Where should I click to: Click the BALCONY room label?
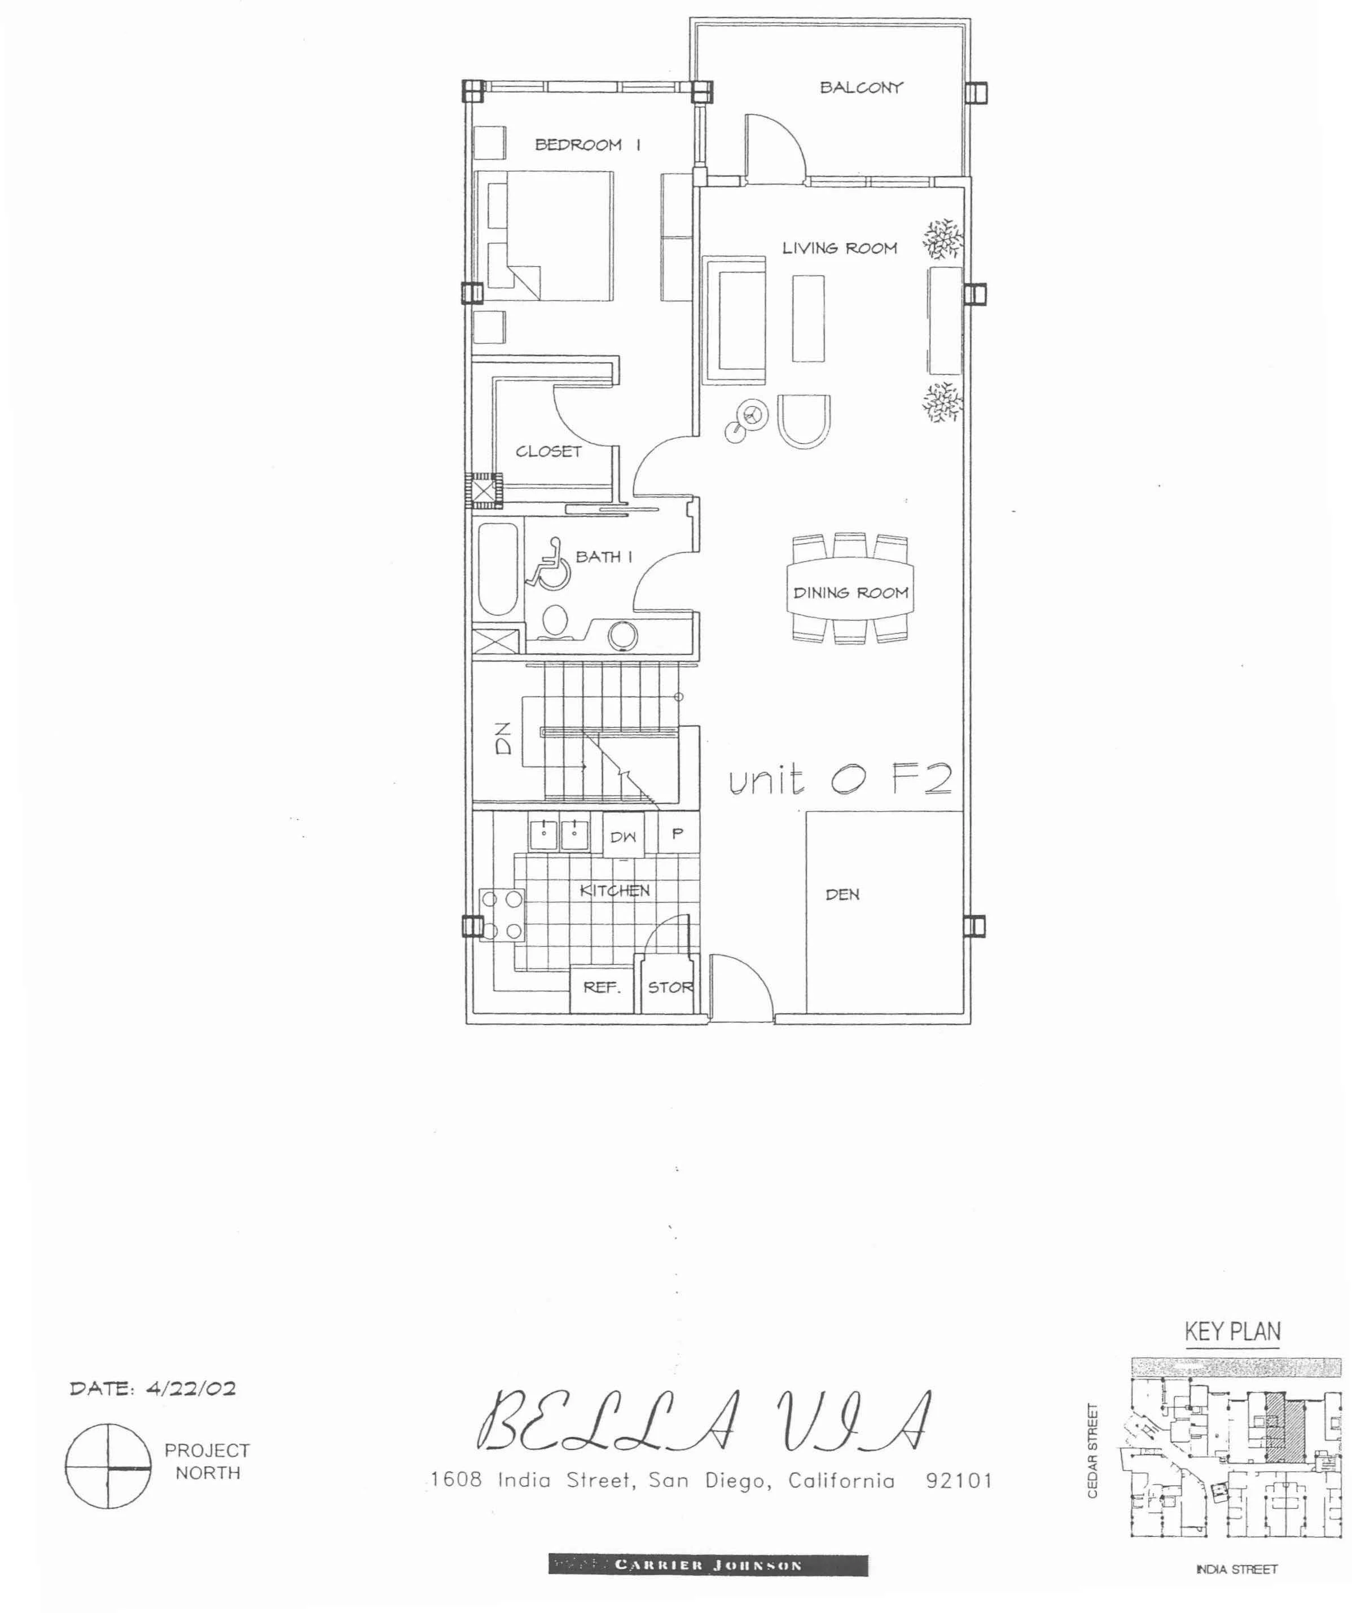861,87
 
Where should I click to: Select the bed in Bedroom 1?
545,235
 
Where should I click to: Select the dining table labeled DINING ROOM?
850,589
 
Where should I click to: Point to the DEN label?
842,894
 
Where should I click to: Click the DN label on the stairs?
503,738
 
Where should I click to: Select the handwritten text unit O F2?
840,780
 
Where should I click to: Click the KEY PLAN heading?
1233,1331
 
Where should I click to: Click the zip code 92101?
959,1480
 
